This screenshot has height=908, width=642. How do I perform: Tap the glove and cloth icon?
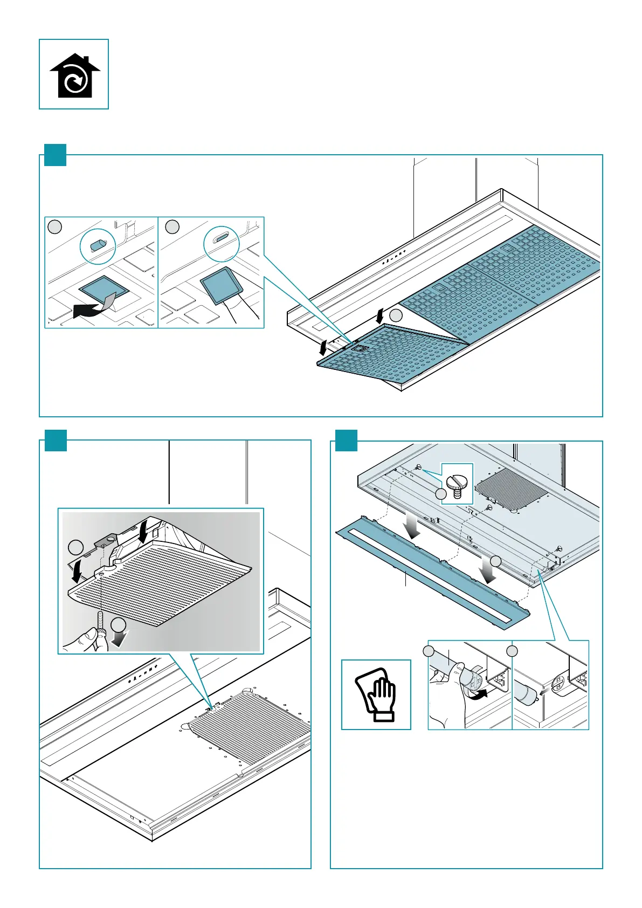coord(376,695)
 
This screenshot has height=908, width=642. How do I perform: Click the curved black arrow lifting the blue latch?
coord(92,309)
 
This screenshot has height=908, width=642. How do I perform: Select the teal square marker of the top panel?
coord(55,155)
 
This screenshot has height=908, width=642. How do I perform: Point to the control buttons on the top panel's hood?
coord(395,257)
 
